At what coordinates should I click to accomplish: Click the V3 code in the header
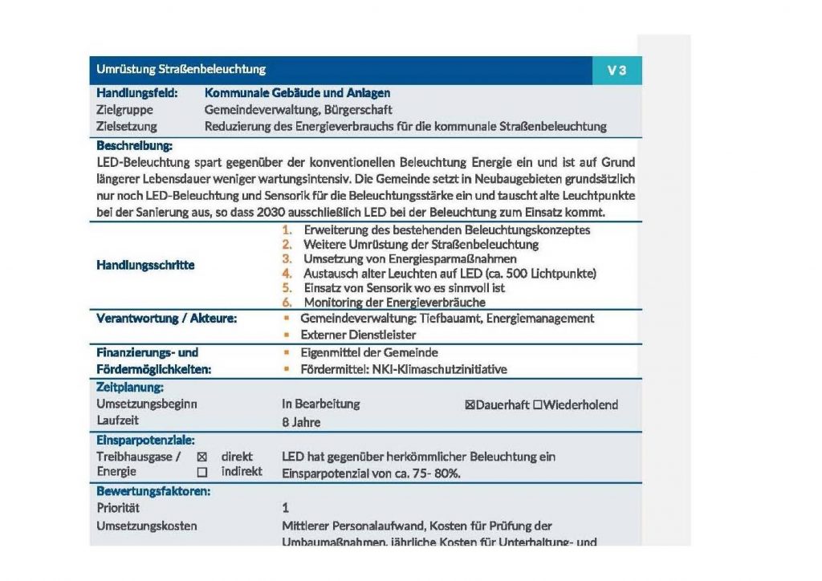(616, 71)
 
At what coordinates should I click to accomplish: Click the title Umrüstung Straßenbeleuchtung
(181, 70)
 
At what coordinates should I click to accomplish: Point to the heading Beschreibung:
(134, 146)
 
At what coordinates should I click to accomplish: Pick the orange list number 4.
(287, 274)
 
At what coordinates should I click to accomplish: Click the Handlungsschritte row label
(145, 265)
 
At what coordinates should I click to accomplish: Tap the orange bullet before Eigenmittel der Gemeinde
(286, 353)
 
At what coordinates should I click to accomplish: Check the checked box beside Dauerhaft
(470, 404)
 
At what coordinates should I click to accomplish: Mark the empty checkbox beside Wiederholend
(538, 404)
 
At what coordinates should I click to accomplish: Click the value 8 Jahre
(301, 421)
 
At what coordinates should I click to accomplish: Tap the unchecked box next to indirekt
(201, 472)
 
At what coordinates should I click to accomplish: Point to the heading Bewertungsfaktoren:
(153, 490)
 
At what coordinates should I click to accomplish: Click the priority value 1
(286, 508)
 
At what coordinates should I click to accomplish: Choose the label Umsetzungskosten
(146, 526)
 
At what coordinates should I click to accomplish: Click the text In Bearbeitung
(321, 404)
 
